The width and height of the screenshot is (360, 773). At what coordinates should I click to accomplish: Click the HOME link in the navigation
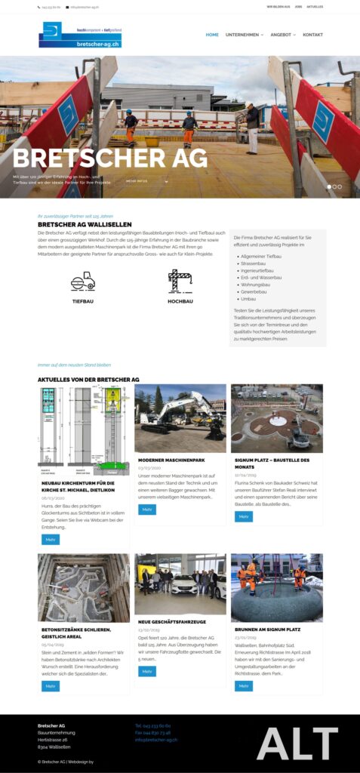(212, 35)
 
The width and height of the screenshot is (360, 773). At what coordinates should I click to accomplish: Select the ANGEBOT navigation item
(282, 35)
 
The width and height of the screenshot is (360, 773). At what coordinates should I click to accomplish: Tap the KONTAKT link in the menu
(312, 35)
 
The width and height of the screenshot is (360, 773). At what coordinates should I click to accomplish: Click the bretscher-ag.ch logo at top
(80, 35)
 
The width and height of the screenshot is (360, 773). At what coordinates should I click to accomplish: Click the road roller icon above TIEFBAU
(83, 282)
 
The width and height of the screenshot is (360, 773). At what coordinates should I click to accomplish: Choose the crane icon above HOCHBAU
(180, 280)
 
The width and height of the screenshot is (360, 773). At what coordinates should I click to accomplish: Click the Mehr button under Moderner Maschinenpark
(147, 510)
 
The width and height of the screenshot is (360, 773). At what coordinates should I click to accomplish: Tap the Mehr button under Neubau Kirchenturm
(51, 540)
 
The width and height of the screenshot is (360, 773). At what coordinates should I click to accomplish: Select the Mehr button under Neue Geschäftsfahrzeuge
(147, 671)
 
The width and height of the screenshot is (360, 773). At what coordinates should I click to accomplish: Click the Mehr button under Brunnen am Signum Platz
(244, 686)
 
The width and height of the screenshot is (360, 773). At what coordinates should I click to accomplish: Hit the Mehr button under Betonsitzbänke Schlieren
(51, 686)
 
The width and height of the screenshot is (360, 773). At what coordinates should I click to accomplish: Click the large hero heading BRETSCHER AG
(110, 158)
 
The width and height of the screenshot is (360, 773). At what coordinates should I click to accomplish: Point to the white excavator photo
(180, 418)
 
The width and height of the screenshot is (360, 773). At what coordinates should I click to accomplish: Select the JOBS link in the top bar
(299, 7)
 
